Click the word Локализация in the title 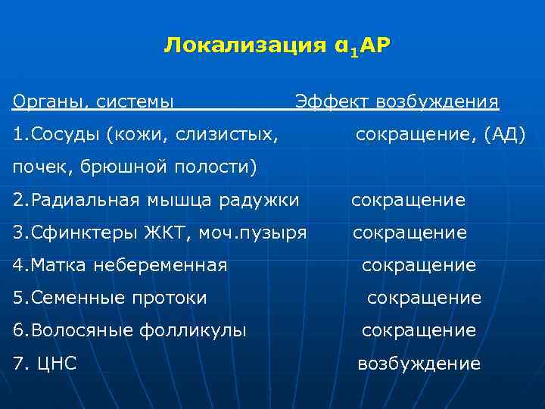pyautogui.click(x=235, y=46)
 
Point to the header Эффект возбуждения pyautogui.click(x=397, y=101)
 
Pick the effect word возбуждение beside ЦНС pyautogui.click(x=419, y=364)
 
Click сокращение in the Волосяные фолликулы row pyautogui.click(x=419, y=330)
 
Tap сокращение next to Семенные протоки pyautogui.click(x=424, y=298)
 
